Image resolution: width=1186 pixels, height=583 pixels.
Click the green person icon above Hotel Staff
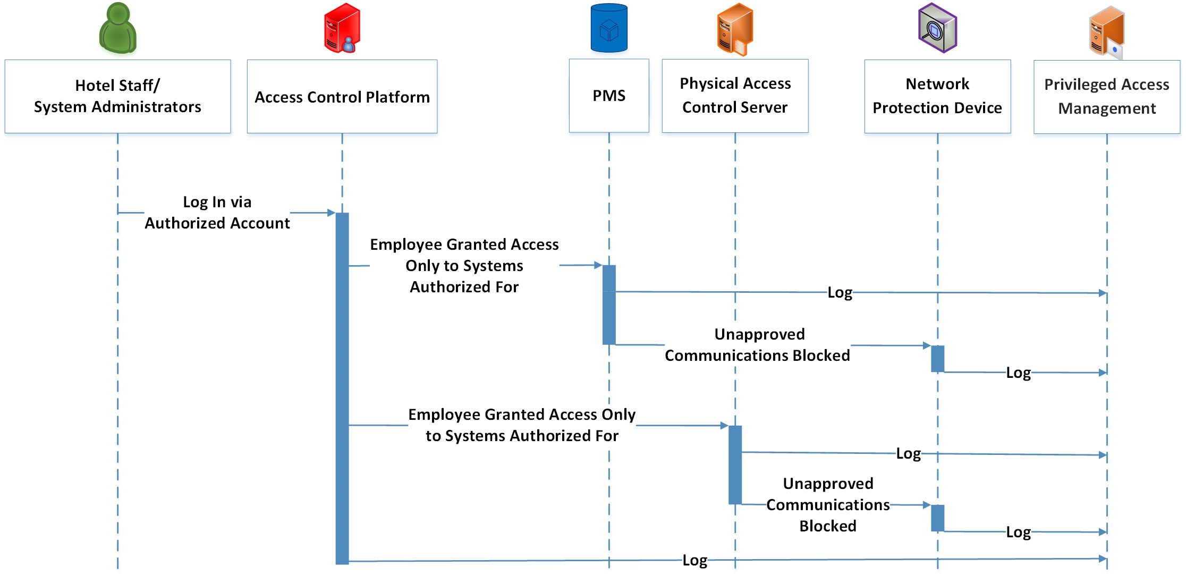[118, 28]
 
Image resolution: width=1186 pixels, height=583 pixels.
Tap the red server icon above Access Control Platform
[342, 28]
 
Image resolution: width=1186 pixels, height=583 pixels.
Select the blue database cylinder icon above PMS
[609, 28]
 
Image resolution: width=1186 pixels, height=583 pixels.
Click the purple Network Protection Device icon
[937, 28]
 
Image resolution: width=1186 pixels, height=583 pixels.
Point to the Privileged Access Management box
[1106, 96]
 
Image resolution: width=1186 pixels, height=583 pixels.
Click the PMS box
[609, 96]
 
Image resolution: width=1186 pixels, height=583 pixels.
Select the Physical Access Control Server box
[735, 96]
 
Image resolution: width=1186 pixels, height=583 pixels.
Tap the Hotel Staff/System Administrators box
[117, 96]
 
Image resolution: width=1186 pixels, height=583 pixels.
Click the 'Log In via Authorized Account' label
[217, 213]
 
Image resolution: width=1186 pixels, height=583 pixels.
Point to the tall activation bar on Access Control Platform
[342, 388]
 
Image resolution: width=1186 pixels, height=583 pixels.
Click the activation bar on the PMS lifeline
[609, 305]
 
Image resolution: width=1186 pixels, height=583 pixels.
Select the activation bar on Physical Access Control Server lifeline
[735, 464]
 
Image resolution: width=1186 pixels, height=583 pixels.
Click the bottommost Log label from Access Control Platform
[694, 560]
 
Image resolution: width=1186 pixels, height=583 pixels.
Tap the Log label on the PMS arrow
[840, 292]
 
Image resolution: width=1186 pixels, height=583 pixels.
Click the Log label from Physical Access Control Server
[908, 453]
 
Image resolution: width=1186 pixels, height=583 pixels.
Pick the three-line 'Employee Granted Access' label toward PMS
[464, 266]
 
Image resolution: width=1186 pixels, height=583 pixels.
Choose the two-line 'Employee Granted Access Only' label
[522, 425]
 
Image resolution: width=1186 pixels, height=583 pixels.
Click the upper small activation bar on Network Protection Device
[937, 359]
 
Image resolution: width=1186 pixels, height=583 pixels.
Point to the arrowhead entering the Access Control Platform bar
[332, 213]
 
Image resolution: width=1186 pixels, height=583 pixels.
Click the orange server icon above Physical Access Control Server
[735, 29]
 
